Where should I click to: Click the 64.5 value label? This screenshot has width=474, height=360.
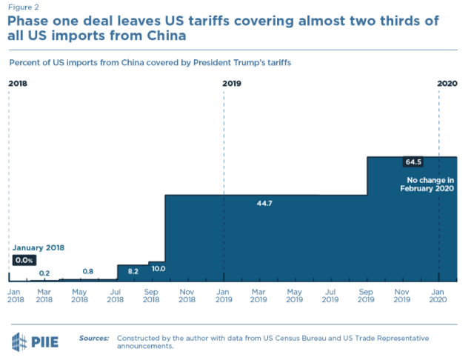413,161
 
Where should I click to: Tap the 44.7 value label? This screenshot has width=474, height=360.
264,203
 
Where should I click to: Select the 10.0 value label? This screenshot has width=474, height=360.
158,268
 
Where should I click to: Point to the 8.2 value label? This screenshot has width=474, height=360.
133,272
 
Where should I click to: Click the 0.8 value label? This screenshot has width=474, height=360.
88,272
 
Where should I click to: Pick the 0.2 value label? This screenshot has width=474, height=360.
44,273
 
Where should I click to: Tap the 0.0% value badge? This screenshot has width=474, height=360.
24,260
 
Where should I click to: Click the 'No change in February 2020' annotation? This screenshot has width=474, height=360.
427,184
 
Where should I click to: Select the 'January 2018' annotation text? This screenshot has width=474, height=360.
38,247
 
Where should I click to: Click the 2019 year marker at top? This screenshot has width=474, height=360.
233,84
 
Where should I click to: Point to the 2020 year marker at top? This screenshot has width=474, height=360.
447,84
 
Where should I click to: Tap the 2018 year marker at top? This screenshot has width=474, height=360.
19,84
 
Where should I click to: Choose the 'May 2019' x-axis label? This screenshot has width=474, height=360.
294,296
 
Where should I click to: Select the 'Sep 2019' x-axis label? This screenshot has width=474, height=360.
366,296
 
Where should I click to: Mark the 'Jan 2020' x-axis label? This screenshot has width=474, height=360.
438,296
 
